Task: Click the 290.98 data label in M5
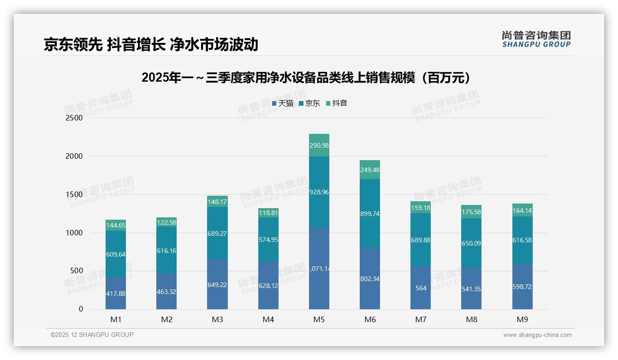(319, 145)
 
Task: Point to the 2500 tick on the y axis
(74, 118)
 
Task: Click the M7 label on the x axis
(421, 319)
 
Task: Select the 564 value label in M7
(421, 288)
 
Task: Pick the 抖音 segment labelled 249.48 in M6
(370, 170)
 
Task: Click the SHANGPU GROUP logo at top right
(536, 39)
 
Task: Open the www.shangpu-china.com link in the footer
(537, 335)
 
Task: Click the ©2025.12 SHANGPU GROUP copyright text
(92, 335)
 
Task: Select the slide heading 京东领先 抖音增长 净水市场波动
(151, 45)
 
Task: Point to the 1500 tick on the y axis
(74, 194)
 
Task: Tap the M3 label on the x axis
(217, 319)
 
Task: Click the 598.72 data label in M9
(522, 287)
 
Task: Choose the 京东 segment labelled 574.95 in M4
(268, 240)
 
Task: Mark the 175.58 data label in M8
(471, 212)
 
